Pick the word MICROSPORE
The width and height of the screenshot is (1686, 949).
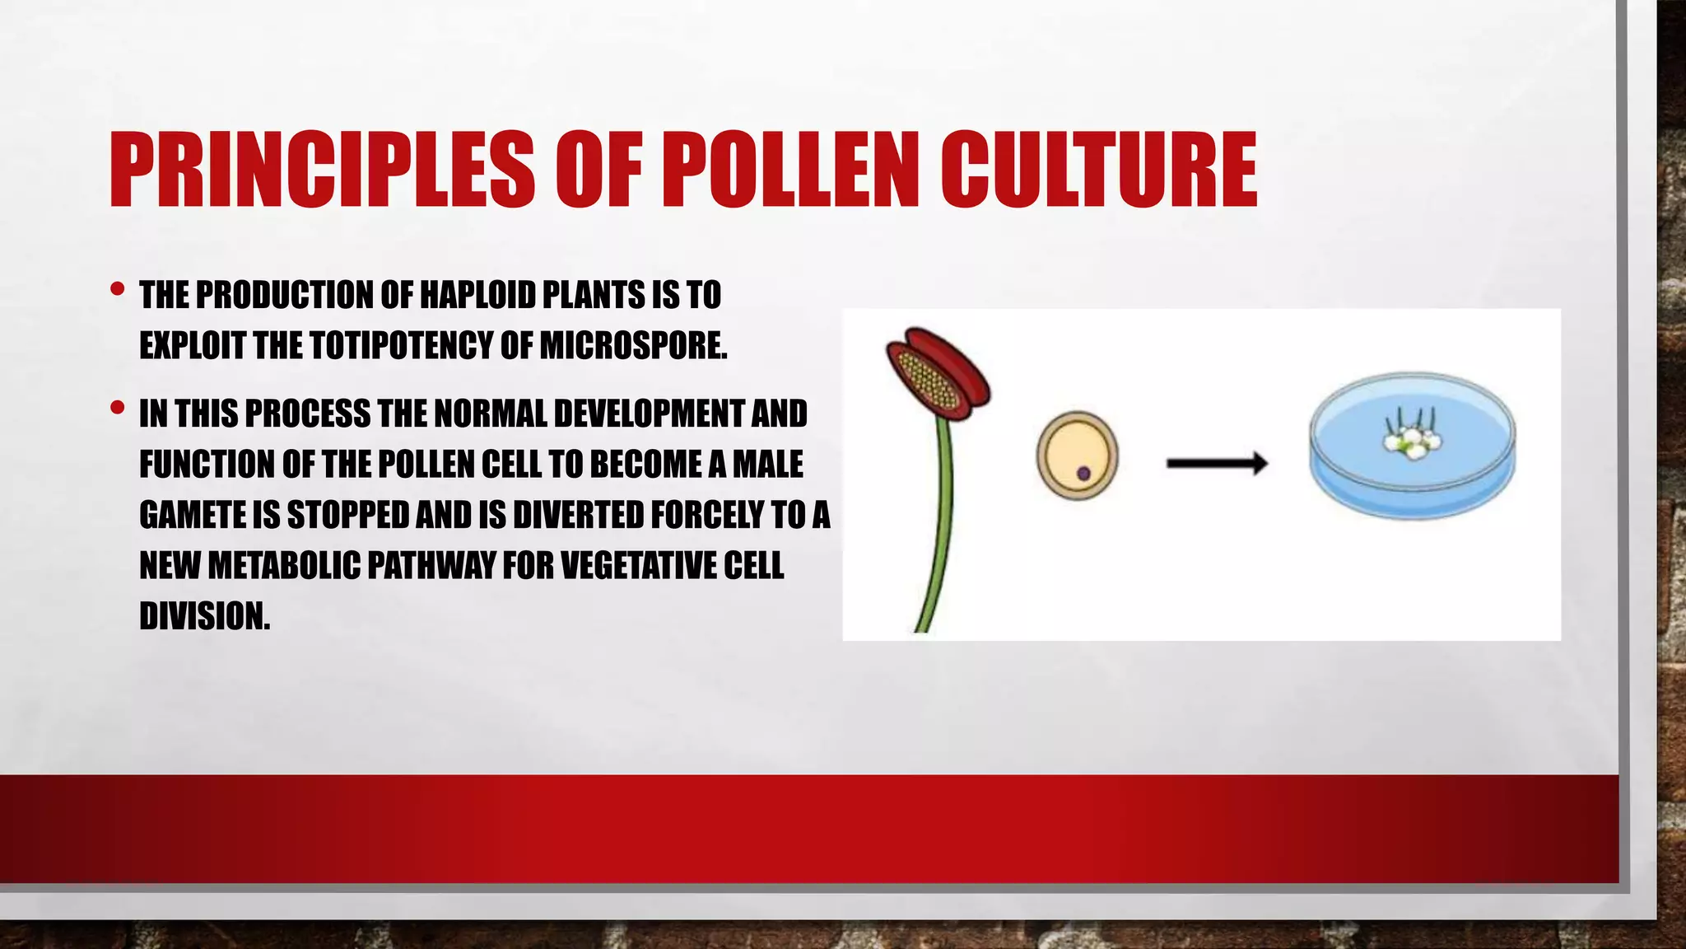tap(633, 345)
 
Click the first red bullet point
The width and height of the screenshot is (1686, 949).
tap(117, 289)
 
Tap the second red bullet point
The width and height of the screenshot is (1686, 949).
tap(117, 408)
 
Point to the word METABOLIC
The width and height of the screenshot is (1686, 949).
tap(284, 566)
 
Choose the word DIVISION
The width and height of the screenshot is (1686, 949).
tap(204, 616)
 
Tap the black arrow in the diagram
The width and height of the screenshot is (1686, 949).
tap(1216, 464)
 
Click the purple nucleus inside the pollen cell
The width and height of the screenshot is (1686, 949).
tap(1083, 473)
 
